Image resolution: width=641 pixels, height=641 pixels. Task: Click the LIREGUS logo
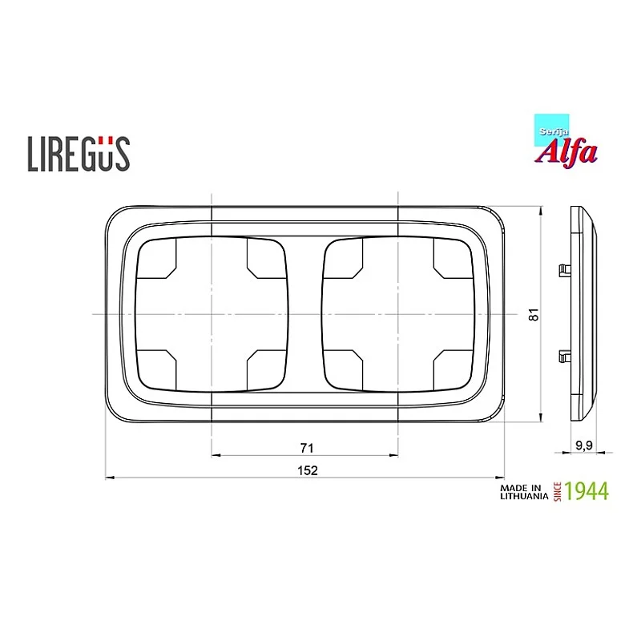point(79,153)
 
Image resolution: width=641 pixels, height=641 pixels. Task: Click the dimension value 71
point(305,446)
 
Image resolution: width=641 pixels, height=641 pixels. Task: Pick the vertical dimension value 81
point(533,315)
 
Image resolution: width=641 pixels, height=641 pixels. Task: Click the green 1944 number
point(587,490)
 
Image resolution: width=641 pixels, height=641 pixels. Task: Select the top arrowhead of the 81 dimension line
point(542,211)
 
